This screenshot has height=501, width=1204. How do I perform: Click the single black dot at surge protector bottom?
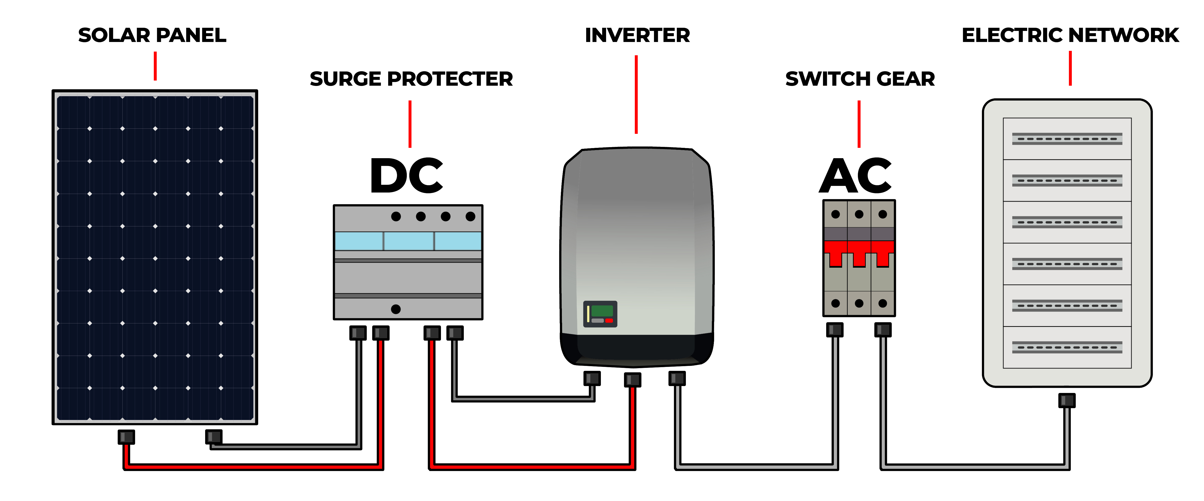[x=396, y=309]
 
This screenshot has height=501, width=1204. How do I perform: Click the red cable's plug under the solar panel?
[x=126, y=437]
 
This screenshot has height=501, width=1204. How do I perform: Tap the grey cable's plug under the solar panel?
[x=213, y=437]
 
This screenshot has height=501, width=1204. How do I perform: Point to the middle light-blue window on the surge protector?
[x=409, y=241]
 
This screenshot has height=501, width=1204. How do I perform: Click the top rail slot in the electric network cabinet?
[x=1067, y=139]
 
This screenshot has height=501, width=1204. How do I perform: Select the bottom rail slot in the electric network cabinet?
[x=1067, y=347]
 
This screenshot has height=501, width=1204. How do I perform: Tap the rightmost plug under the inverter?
[x=677, y=378]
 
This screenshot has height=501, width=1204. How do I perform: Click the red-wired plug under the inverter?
[x=632, y=379]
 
